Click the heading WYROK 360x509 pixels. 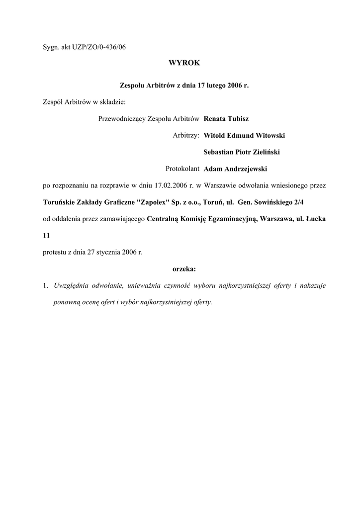tap(184, 63)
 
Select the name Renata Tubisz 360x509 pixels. tap(226, 119)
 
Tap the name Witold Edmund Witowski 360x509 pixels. tap(245, 135)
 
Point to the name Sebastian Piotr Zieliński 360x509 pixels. tap(245, 152)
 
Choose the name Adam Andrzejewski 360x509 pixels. tap(236, 169)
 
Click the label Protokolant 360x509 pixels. tap(182, 169)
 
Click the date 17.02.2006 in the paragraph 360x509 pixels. tap(172, 185)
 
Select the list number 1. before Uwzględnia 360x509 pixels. tap(45, 286)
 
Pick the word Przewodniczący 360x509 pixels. tap(119, 119)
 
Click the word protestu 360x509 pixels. tap(55, 252)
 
